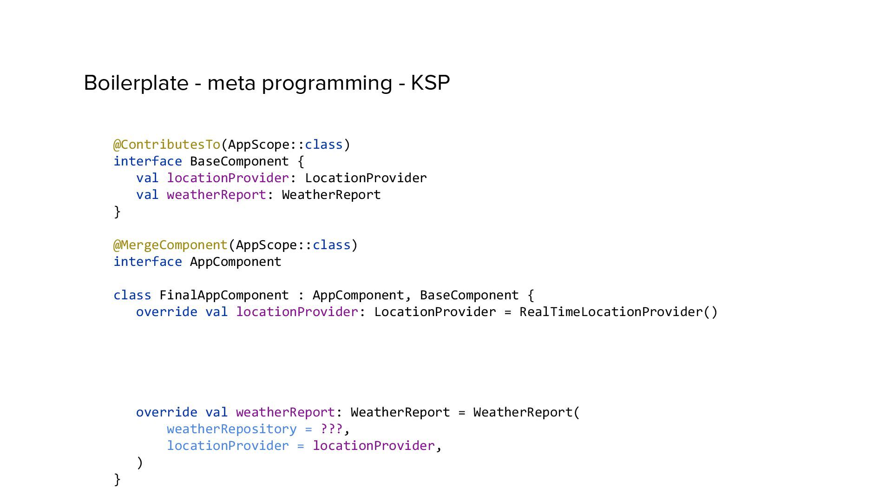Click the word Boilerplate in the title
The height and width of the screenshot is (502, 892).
(136, 83)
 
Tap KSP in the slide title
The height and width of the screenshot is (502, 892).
(430, 83)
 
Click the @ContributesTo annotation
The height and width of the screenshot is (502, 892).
(167, 145)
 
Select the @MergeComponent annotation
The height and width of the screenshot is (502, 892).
(171, 245)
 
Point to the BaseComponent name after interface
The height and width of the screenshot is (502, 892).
(239, 161)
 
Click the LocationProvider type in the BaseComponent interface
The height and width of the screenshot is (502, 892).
(366, 178)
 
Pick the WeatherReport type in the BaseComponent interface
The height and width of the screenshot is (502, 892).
(331, 195)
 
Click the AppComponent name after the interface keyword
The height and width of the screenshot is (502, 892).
(236, 262)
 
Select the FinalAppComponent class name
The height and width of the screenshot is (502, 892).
(224, 295)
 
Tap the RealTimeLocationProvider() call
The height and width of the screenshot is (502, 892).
(618, 312)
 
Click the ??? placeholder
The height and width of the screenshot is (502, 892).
(331, 429)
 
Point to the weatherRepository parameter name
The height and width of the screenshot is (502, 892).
(231, 429)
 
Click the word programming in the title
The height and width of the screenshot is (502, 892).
(327, 83)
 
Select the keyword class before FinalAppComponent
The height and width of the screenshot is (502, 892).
(132, 295)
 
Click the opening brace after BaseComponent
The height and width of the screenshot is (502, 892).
(301, 162)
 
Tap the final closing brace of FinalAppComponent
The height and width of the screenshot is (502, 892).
(117, 479)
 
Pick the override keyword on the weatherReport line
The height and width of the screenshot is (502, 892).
(167, 412)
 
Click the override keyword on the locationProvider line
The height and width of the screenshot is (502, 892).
(167, 312)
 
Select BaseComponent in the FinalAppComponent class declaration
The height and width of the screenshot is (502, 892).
(469, 295)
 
